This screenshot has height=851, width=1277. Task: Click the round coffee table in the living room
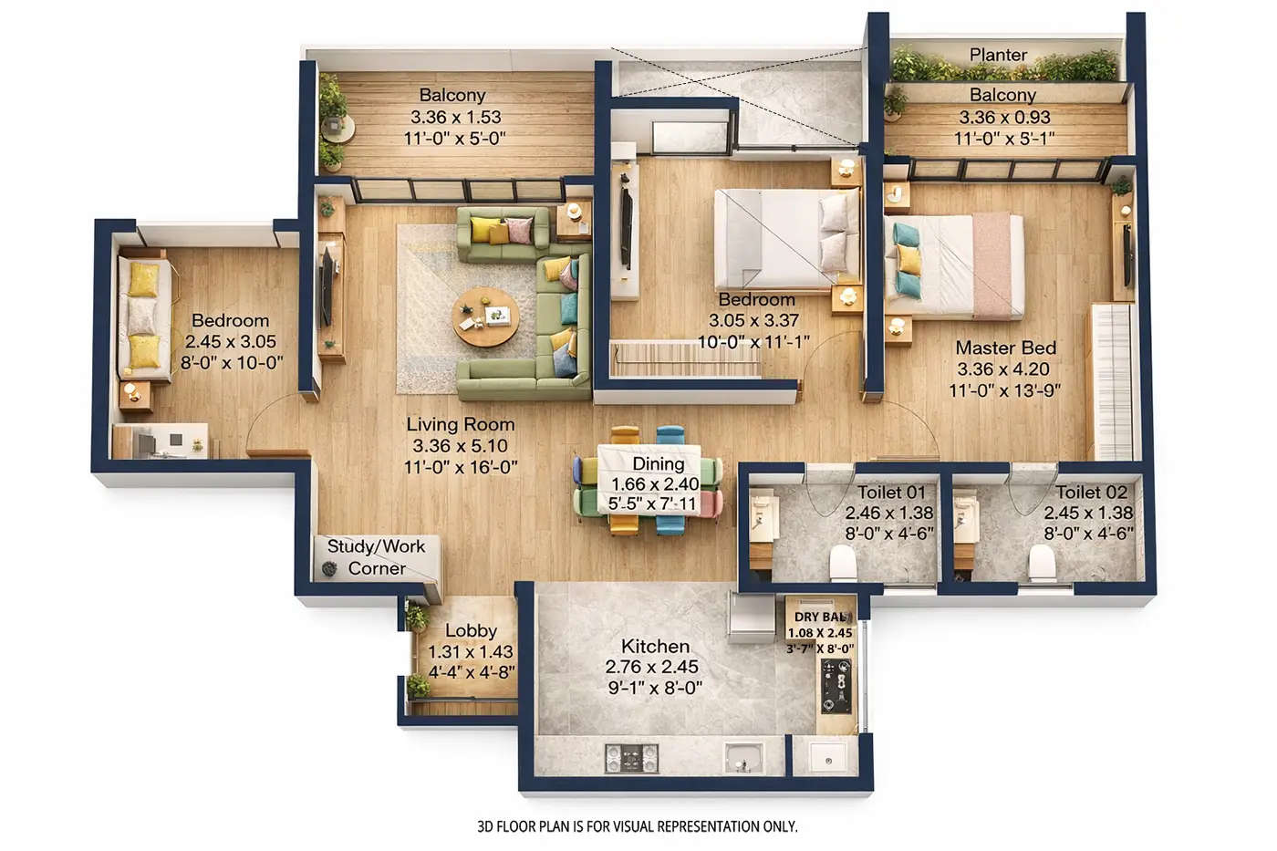(484, 317)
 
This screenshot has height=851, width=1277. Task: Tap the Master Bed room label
(1005, 348)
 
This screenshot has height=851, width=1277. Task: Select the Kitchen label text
(655, 646)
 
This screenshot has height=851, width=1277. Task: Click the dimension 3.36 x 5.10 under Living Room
(460, 446)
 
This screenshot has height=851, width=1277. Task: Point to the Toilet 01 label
(890, 492)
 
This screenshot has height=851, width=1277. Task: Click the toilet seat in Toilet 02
(1041, 565)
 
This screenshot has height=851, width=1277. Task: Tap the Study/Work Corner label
(376, 556)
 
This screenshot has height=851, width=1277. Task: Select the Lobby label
(471, 630)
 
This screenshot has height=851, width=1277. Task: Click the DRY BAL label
(819, 617)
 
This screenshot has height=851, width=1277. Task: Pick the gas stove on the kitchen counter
(632, 756)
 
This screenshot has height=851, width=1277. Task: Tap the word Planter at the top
(998, 55)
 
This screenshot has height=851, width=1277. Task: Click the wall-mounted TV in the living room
(326, 287)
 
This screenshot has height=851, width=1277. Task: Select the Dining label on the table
(658, 464)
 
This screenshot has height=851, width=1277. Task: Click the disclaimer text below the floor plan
(637, 826)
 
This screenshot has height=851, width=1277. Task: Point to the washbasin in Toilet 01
(760, 514)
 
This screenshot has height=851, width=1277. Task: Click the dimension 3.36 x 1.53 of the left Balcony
(454, 117)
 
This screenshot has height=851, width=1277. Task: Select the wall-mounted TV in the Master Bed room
(1127, 254)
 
